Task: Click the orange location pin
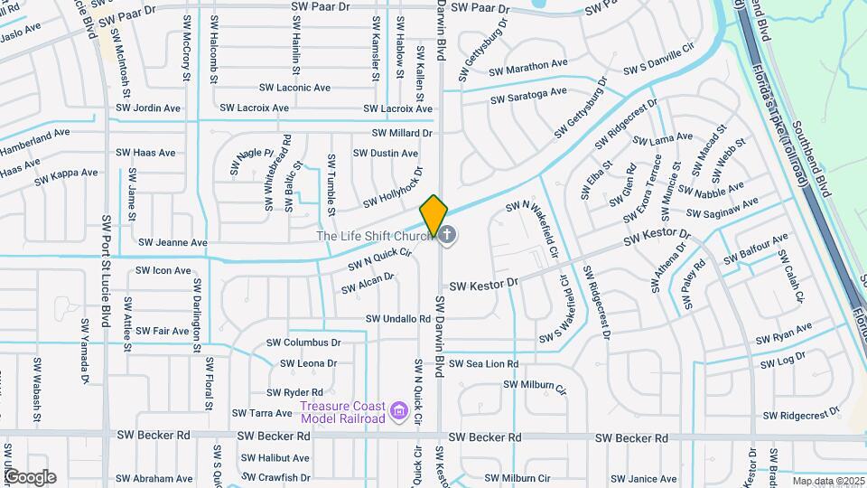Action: coord(433,215)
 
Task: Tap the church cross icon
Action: coord(448,236)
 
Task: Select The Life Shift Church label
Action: coord(374,236)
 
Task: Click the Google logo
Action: coord(30,476)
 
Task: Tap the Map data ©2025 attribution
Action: coord(828,481)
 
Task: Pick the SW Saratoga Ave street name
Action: coord(528,96)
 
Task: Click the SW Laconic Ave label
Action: coord(294,88)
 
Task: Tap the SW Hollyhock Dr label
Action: coord(393,188)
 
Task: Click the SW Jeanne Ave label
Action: coord(170,243)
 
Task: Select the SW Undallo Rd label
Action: coord(398,319)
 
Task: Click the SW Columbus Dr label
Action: coord(303,343)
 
